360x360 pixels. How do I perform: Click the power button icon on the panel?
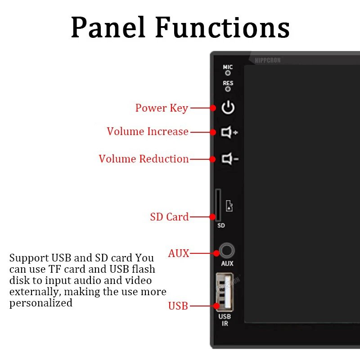click(228, 108)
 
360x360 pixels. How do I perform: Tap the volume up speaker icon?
click(229, 132)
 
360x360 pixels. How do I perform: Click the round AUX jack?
click(227, 251)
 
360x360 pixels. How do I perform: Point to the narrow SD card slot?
click(218, 205)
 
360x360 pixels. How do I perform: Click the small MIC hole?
click(228, 73)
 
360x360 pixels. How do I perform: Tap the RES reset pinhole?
click(228, 89)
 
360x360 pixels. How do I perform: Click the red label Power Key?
click(162, 108)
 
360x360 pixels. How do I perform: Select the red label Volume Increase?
click(148, 132)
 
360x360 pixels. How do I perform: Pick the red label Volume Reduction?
click(144, 159)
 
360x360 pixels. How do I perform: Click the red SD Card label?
click(169, 217)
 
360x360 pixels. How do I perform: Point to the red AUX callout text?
click(179, 253)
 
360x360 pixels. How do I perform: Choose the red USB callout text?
click(178, 306)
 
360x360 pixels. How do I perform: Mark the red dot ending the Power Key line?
click(213, 108)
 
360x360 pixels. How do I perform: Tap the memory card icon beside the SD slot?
click(229, 206)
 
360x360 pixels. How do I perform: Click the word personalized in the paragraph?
click(41, 303)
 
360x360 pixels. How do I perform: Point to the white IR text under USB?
click(225, 324)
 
